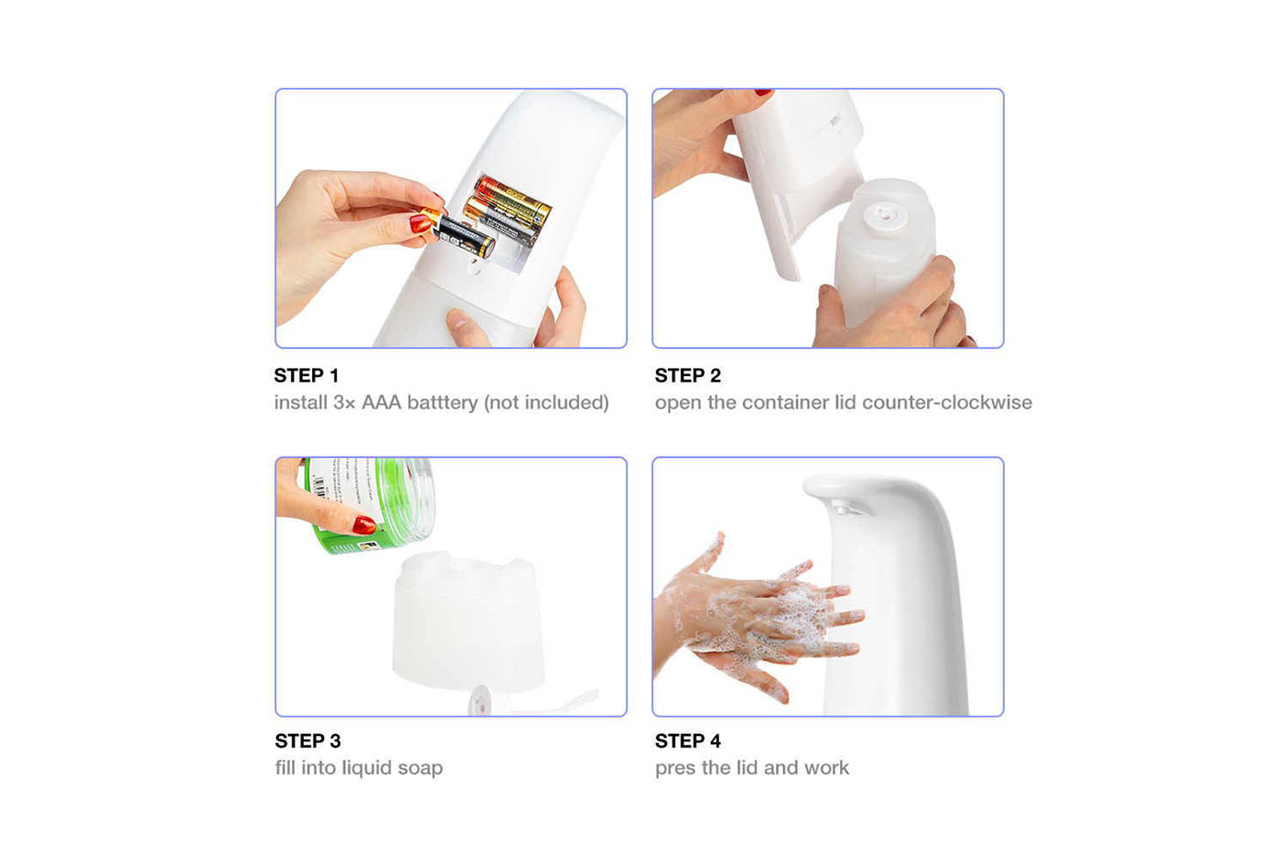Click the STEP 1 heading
click(306, 375)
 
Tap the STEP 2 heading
click(688, 375)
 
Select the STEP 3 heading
click(307, 740)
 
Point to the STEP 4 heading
click(688, 740)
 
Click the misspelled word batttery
click(442, 403)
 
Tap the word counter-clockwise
click(947, 403)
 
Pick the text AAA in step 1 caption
click(382, 403)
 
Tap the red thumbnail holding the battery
click(420, 222)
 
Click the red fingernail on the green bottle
click(364, 524)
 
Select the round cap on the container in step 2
click(886, 217)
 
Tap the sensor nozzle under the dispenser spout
click(845, 507)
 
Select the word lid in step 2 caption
click(845, 403)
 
